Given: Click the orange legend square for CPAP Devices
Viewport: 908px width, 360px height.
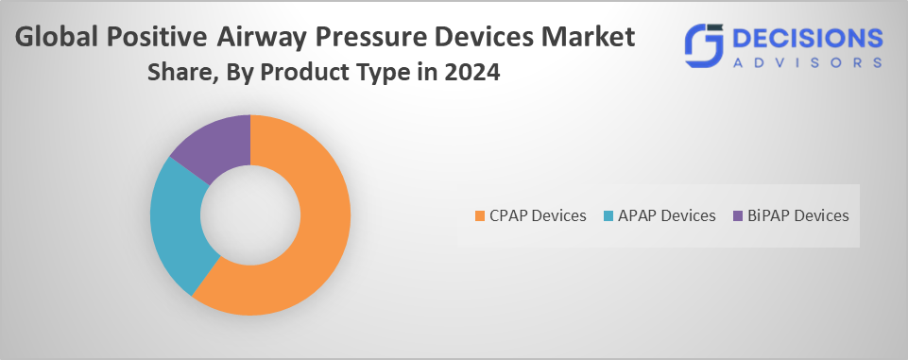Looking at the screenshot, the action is [x=479, y=215].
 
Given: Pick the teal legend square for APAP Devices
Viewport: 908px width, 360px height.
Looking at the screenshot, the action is [x=608, y=215].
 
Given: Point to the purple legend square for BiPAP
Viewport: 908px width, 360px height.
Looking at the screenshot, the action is [x=738, y=215].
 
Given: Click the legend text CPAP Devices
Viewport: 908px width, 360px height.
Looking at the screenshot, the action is [x=538, y=215].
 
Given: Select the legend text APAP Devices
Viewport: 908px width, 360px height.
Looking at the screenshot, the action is [x=667, y=215].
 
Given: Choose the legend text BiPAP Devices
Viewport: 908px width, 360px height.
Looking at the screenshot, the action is [x=798, y=215].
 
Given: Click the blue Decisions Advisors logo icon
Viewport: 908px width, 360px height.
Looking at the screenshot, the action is [x=704, y=45].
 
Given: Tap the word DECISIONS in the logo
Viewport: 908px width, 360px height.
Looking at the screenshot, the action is [x=808, y=39].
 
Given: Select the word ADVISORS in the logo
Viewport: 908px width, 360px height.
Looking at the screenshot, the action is [x=808, y=62].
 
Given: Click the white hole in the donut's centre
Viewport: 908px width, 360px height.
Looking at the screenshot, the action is [x=250, y=215].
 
